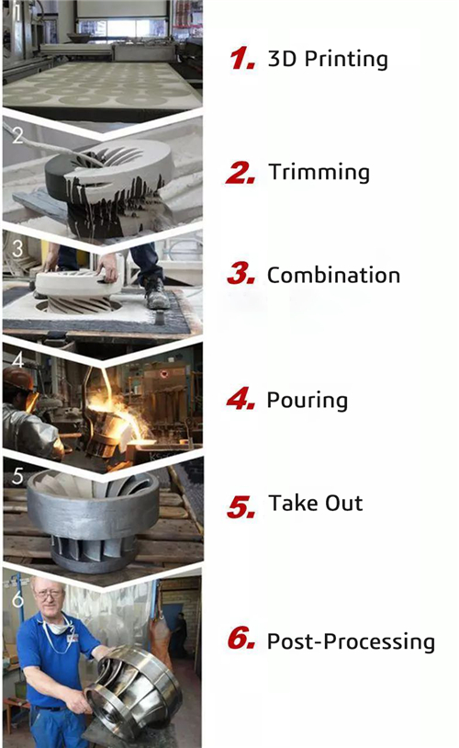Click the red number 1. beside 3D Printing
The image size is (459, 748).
click(x=241, y=60)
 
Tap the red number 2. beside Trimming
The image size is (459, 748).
click(x=241, y=173)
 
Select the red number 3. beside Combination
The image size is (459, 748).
click(x=241, y=276)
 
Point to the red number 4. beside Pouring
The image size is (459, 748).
click(x=241, y=401)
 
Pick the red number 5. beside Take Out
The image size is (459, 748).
click(x=241, y=504)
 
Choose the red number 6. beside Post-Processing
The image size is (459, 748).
click(x=241, y=641)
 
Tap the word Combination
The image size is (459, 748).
click(x=333, y=276)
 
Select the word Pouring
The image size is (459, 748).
click(x=307, y=401)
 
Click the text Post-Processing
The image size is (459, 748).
click(x=351, y=641)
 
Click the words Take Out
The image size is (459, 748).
click(x=316, y=504)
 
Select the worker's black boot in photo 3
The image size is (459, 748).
click(x=156, y=294)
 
